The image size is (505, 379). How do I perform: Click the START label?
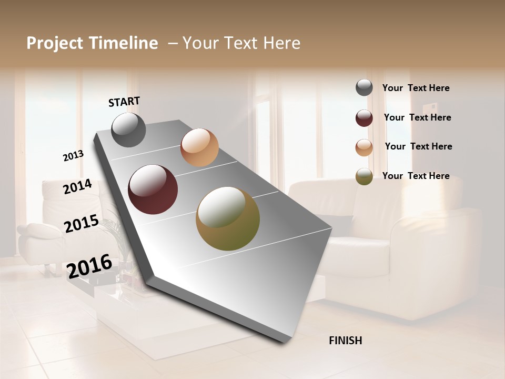(x=124, y=102)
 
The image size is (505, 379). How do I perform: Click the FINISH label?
(x=346, y=341)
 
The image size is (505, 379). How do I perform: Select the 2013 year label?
(x=74, y=156)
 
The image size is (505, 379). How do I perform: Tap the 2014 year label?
(x=78, y=186)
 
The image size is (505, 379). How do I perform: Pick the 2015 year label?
(x=82, y=224)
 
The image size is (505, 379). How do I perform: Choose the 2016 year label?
(x=89, y=265)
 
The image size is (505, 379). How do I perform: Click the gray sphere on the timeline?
(x=129, y=130)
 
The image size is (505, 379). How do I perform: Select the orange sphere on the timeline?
(x=199, y=147)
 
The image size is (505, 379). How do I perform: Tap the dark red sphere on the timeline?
(x=153, y=189)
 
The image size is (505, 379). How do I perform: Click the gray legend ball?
(x=364, y=88)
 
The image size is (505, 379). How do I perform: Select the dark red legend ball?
(x=364, y=118)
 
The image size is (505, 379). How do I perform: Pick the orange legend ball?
(x=364, y=147)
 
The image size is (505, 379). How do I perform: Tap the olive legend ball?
(x=364, y=177)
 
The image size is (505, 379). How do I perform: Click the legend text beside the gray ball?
(x=416, y=88)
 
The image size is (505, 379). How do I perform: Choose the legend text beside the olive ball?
(x=416, y=176)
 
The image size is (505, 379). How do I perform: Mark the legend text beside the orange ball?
(x=419, y=146)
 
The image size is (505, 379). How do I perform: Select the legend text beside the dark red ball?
(x=418, y=117)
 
